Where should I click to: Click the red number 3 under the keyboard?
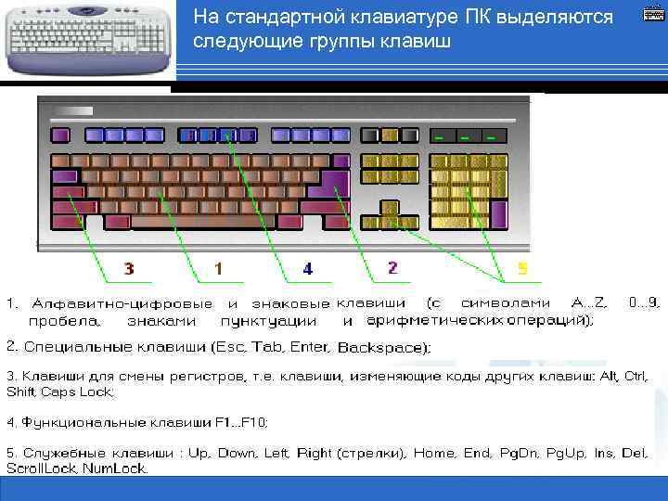click(x=128, y=269)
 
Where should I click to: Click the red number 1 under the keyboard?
click(x=218, y=269)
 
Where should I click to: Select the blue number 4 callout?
click(x=308, y=269)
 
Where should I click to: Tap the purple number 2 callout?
click(x=393, y=268)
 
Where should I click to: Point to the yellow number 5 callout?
click(x=522, y=269)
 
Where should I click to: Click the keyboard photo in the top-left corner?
click(x=88, y=37)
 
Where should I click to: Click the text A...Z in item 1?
click(x=588, y=303)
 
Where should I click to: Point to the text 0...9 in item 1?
click(x=644, y=303)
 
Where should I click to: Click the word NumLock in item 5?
click(x=115, y=469)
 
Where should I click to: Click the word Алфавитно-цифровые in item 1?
click(x=122, y=303)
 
